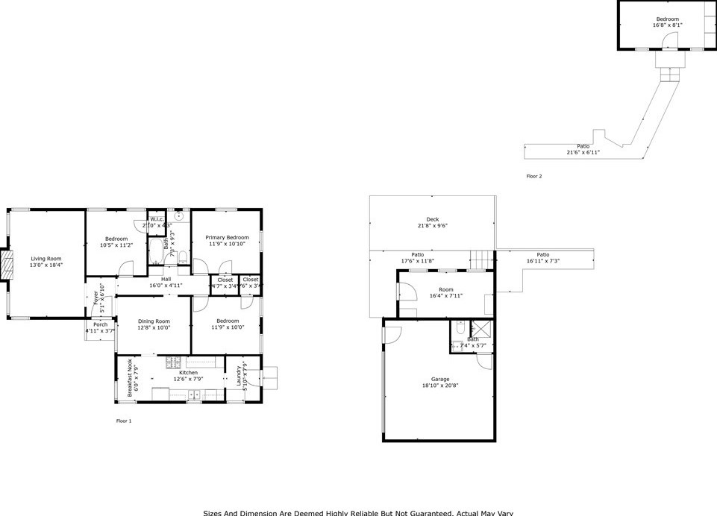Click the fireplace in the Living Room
coord(9,265)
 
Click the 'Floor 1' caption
coord(124,421)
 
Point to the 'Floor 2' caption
coord(533,177)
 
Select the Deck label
coord(432,218)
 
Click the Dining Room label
coord(154,321)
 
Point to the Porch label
coord(100,324)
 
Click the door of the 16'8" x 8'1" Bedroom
coord(669,41)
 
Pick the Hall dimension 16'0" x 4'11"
coord(166,285)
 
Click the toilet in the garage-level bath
coord(460,328)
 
